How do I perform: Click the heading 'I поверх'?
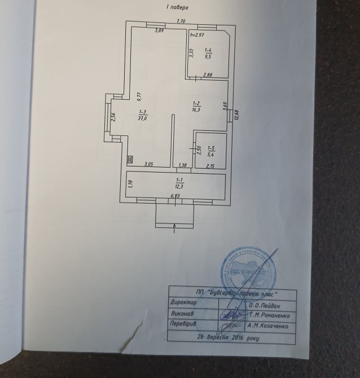point(177,7)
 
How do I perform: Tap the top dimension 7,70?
point(181,21)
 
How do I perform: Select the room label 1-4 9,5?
point(208,54)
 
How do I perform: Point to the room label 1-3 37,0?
point(142,115)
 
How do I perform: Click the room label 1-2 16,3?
point(196,106)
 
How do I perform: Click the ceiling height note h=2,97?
point(197,35)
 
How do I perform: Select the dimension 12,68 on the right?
point(236,114)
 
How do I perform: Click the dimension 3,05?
point(149,164)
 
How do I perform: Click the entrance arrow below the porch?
point(174,227)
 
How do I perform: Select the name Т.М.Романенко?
point(270,314)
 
